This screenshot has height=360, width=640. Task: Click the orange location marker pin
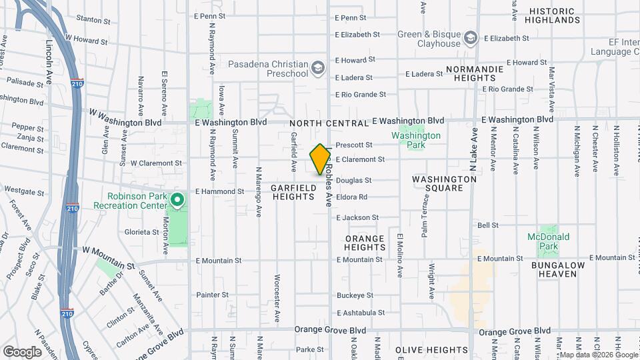(320, 159)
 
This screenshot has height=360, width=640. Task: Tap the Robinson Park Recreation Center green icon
(177, 200)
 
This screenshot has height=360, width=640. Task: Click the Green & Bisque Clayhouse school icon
(471, 37)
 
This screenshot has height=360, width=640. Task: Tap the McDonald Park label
(548, 237)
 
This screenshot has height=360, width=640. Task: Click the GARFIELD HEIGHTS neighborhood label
(293, 193)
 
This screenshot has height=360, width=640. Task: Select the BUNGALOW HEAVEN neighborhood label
(548, 270)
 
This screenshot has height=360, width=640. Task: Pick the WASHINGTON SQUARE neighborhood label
(437, 183)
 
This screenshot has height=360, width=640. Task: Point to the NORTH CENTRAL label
(329, 123)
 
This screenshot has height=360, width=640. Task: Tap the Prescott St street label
(353, 145)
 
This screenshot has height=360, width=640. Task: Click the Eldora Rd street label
(351, 197)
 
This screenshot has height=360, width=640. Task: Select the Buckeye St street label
(355, 295)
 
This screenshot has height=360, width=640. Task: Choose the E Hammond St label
(219, 191)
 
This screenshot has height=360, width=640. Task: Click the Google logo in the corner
(23, 351)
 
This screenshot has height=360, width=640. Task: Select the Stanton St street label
(93, 21)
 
